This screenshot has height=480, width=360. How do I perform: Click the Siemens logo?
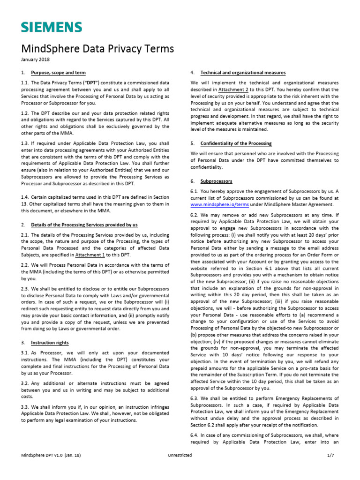(x=52, y=27)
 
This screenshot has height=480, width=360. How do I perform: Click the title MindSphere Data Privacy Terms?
(x=97, y=49)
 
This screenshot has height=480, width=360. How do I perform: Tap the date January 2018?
(x=36, y=60)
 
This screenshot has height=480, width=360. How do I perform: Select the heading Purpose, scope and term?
(x=59, y=73)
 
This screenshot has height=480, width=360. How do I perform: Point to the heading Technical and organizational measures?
(x=243, y=73)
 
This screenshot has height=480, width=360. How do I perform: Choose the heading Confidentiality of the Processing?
(x=236, y=143)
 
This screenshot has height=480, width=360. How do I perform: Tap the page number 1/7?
(x=330, y=455)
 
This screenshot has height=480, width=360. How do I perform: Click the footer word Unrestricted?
(x=180, y=455)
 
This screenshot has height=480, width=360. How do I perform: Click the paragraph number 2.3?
(x=25, y=289)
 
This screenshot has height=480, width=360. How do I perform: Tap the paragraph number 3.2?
(x=25, y=383)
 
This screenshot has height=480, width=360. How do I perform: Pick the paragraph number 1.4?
(x=25, y=197)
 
